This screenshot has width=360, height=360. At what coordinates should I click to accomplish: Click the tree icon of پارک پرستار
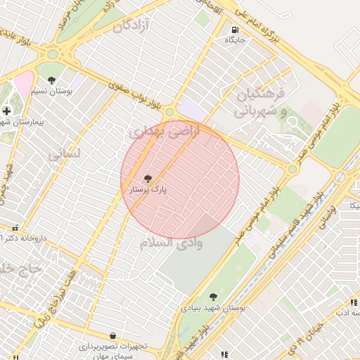(147, 179)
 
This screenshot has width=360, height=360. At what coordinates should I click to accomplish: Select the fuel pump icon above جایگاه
(234, 30)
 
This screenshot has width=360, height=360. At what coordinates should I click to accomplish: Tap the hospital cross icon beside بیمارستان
(6, 110)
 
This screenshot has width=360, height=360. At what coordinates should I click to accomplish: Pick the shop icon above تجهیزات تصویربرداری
(112, 335)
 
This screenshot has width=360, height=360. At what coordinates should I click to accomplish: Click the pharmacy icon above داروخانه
(15, 227)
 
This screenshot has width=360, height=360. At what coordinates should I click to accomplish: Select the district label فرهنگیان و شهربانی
(259, 102)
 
